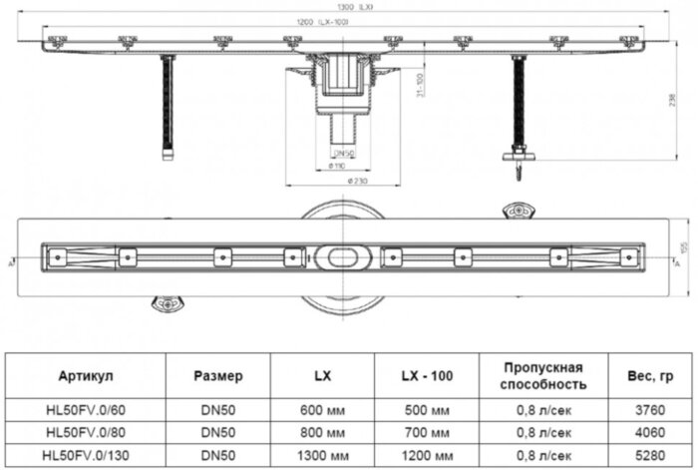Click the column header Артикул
pyautogui.click(x=87, y=375)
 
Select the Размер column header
pyautogui.click(x=217, y=375)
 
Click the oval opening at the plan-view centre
pyautogui.click(x=346, y=256)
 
